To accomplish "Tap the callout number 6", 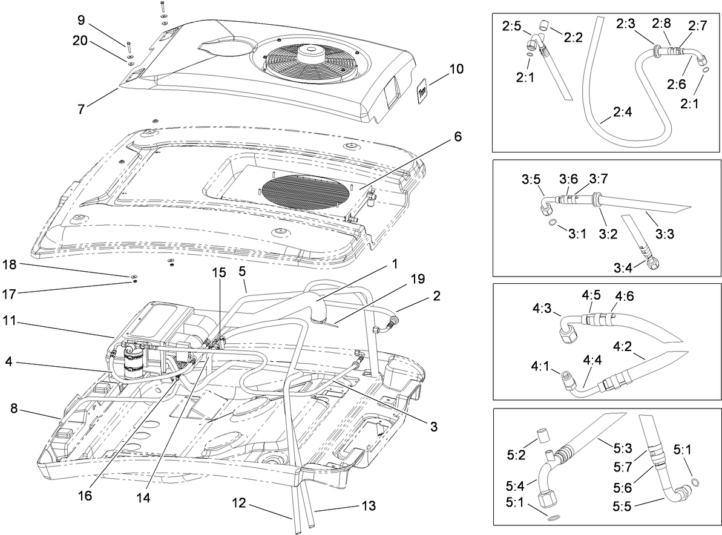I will (x=458, y=137).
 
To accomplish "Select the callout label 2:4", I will (x=623, y=113).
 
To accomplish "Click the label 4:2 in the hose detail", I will (x=623, y=347).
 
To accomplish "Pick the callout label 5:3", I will (x=623, y=448).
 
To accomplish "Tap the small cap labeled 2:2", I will (x=543, y=25).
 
